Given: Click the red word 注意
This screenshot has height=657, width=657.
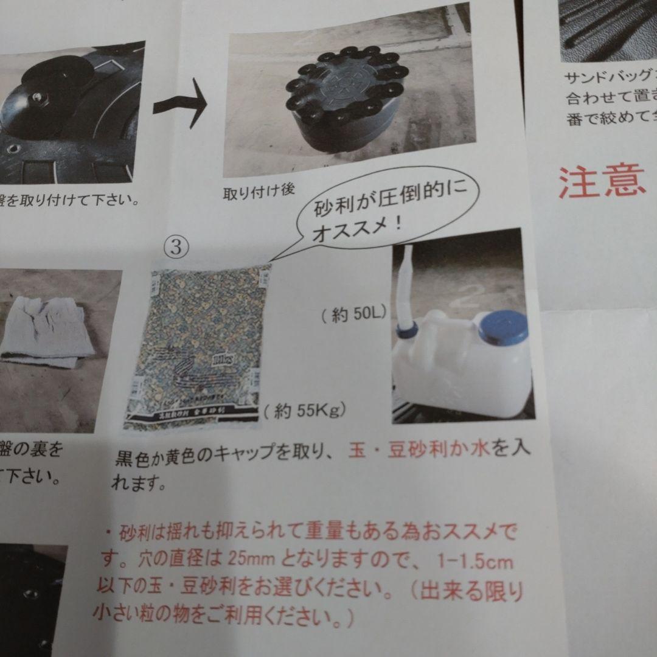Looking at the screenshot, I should [602, 182].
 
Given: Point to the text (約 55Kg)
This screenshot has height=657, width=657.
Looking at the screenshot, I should [305, 411].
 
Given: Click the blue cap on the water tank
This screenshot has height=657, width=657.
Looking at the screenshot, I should [502, 327].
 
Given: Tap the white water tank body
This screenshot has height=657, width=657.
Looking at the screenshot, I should [462, 371].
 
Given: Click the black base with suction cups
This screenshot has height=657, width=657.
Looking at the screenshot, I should [344, 103].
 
